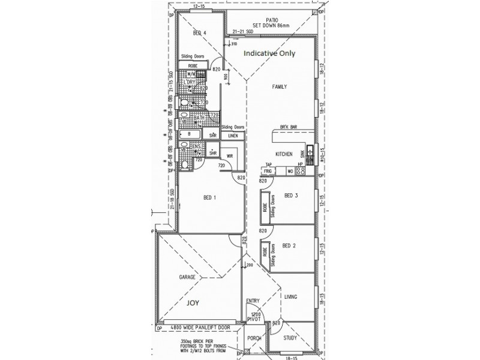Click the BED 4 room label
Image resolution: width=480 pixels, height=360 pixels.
(200, 33)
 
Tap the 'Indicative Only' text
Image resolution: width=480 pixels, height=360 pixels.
(269, 53)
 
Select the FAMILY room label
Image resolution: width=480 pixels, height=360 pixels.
(279, 86)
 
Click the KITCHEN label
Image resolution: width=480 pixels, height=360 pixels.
(284, 154)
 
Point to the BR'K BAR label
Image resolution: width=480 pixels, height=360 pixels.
(289, 127)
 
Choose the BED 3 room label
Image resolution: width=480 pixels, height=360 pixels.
(291, 196)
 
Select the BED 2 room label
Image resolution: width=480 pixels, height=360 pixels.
(290, 245)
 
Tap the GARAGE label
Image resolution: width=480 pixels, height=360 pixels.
(188, 278)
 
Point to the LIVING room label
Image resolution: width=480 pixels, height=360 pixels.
(292, 296)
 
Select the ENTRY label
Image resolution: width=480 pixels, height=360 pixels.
(253, 301)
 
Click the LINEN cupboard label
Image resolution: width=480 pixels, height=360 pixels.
(233, 136)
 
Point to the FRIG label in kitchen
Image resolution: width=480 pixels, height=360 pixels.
(268, 172)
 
